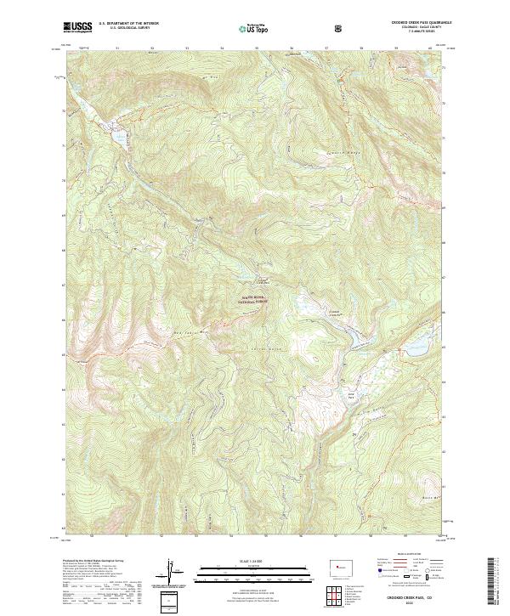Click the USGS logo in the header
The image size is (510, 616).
[77, 27]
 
